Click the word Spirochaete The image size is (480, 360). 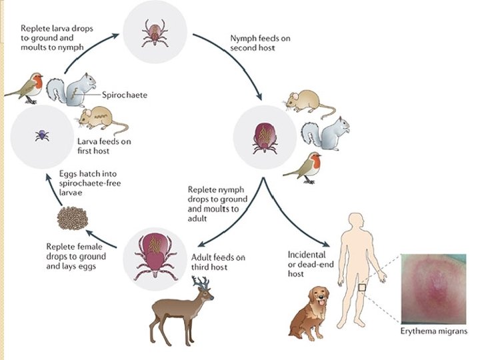(125, 95)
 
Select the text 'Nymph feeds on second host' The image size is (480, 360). (257, 43)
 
